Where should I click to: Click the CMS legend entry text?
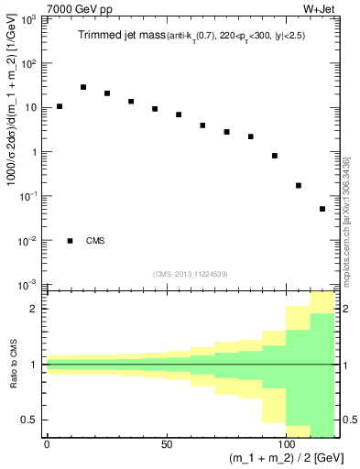pyautogui.click(x=95, y=241)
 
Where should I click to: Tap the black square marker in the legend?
pyautogui.click(x=71, y=241)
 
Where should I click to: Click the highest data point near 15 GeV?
pyautogui.click(x=83, y=87)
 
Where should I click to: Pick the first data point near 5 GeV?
pyautogui.click(x=60, y=106)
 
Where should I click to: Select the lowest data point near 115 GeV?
pyautogui.click(x=322, y=209)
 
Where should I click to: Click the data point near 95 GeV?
pyautogui.click(x=275, y=156)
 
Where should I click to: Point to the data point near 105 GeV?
pyautogui.click(x=299, y=185)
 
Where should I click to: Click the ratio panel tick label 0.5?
pyautogui.click(x=33, y=420)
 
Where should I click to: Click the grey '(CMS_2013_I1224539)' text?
pyautogui.click(x=191, y=274)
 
